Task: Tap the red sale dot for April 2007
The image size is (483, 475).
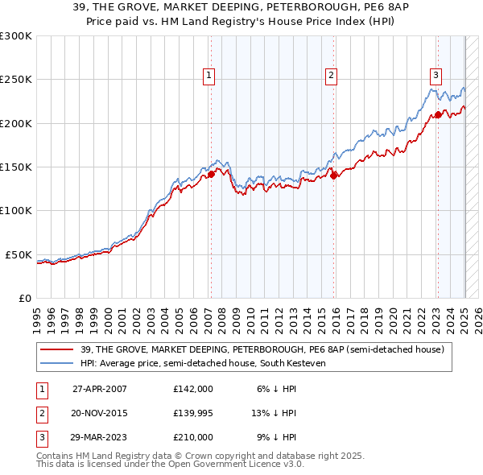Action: click(x=211, y=173)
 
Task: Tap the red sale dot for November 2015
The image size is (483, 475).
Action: click(x=334, y=176)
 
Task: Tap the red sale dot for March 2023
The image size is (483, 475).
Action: click(x=438, y=114)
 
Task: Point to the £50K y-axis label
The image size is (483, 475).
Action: click(x=19, y=254)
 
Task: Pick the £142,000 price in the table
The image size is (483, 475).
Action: click(x=192, y=388)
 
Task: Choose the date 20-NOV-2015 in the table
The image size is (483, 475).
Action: click(x=99, y=413)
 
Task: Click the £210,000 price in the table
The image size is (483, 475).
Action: click(x=192, y=438)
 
